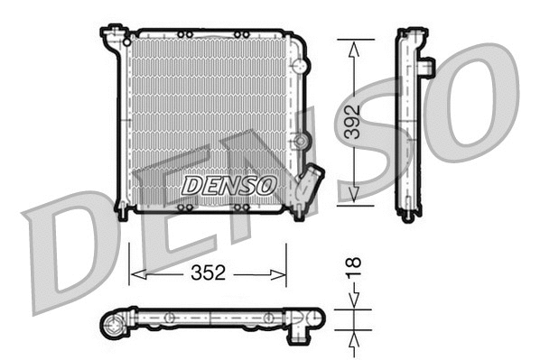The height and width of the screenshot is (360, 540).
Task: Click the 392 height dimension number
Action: tap(352, 121)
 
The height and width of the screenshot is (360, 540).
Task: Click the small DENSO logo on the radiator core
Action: tap(228, 185)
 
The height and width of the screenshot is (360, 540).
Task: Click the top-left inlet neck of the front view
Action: tap(114, 38)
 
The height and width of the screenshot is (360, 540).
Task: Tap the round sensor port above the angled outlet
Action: tap(302, 141)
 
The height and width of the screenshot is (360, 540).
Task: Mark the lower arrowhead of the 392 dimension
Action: tap(353, 198)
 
